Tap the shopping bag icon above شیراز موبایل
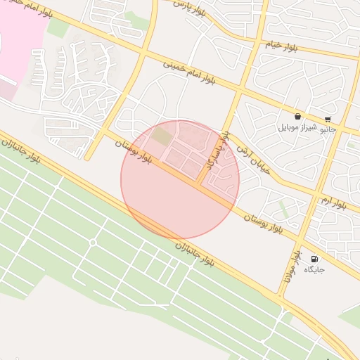(x=298, y=117)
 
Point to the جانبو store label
(x=328, y=130)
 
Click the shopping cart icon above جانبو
(x=328, y=120)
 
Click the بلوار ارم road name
(x=334, y=201)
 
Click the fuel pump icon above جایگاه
(x=314, y=259)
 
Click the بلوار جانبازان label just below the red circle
(x=194, y=254)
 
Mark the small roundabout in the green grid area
(x=92, y=243)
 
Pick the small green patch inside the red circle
(x=162, y=136)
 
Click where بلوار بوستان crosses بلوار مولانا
(x=301, y=240)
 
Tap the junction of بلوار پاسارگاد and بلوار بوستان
(x=200, y=184)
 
